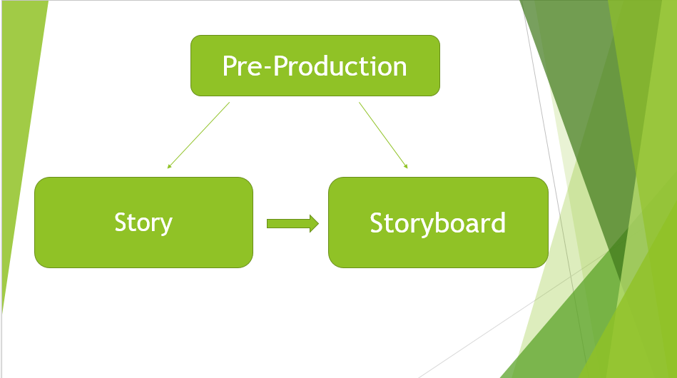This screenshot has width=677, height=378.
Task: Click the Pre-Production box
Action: pyautogui.click(x=315, y=66)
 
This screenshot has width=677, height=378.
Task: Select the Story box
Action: pyautogui.click(x=144, y=223)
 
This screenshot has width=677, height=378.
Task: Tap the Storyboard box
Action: pyautogui.click(x=438, y=223)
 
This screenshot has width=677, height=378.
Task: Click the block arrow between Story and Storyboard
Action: pyautogui.click(x=292, y=223)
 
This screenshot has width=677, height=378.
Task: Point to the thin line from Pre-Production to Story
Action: pyautogui.click(x=198, y=135)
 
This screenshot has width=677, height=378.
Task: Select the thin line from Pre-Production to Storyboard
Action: pyautogui.click(x=383, y=135)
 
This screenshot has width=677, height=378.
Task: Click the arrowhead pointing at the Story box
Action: pyautogui.click(x=169, y=166)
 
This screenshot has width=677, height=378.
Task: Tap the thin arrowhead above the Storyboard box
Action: pyautogui.click(x=406, y=166)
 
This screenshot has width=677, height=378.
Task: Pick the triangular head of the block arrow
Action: pyautogui.click(x=315, y=223)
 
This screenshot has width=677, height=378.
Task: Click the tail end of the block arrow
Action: pyautogui.click(x=268, y=223)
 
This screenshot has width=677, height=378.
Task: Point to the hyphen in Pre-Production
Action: pyautogui.click(x=267, y=69)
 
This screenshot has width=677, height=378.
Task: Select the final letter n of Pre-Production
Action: pyautogui.click(x=399, y=68)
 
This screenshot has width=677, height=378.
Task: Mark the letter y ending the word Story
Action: pyautogui.click(x=166, y=226)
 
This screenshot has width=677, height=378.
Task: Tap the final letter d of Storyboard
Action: pyautogui.click(x=499, y=223)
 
